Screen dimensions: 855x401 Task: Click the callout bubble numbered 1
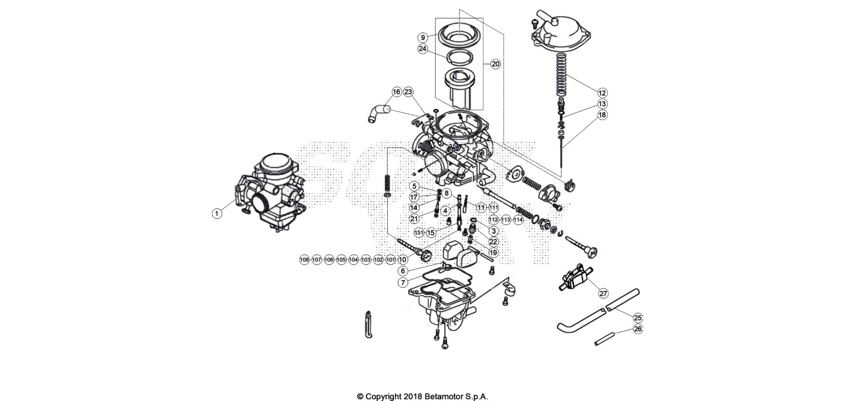(217, 213)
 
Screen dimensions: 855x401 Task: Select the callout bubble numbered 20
(496, 64)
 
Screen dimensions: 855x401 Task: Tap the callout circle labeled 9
(423, 37)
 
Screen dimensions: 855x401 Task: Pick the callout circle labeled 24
(423, 49)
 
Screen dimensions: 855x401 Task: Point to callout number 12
(602, 93)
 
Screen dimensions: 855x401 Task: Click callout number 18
(602, 115)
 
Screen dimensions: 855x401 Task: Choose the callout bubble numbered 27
(603, 293)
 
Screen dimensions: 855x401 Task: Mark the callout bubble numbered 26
(638, 329)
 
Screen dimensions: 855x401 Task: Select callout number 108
(305, 260)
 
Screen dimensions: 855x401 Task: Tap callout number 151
(419, 233)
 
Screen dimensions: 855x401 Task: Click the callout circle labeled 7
(403, 282)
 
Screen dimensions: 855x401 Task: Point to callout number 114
(518, 220)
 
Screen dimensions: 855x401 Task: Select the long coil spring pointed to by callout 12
(562, 74)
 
